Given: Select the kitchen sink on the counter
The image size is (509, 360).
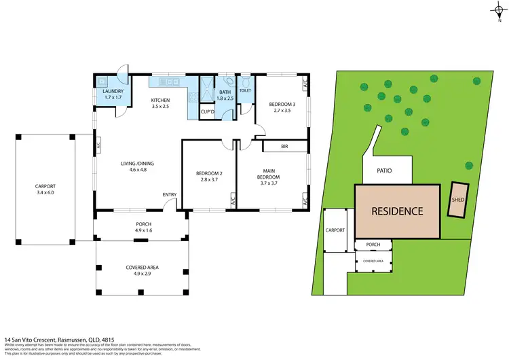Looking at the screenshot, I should tap(166, 82).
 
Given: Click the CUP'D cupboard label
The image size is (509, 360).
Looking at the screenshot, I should tap(208, 112).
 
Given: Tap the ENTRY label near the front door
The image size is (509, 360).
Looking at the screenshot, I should tap(170, 196).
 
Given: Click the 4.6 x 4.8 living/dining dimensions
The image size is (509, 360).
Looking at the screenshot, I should tap(133, 170).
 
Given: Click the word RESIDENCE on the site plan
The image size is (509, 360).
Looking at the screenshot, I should tap(397, 211).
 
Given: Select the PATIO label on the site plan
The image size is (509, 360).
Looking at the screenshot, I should tap(387, 170).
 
